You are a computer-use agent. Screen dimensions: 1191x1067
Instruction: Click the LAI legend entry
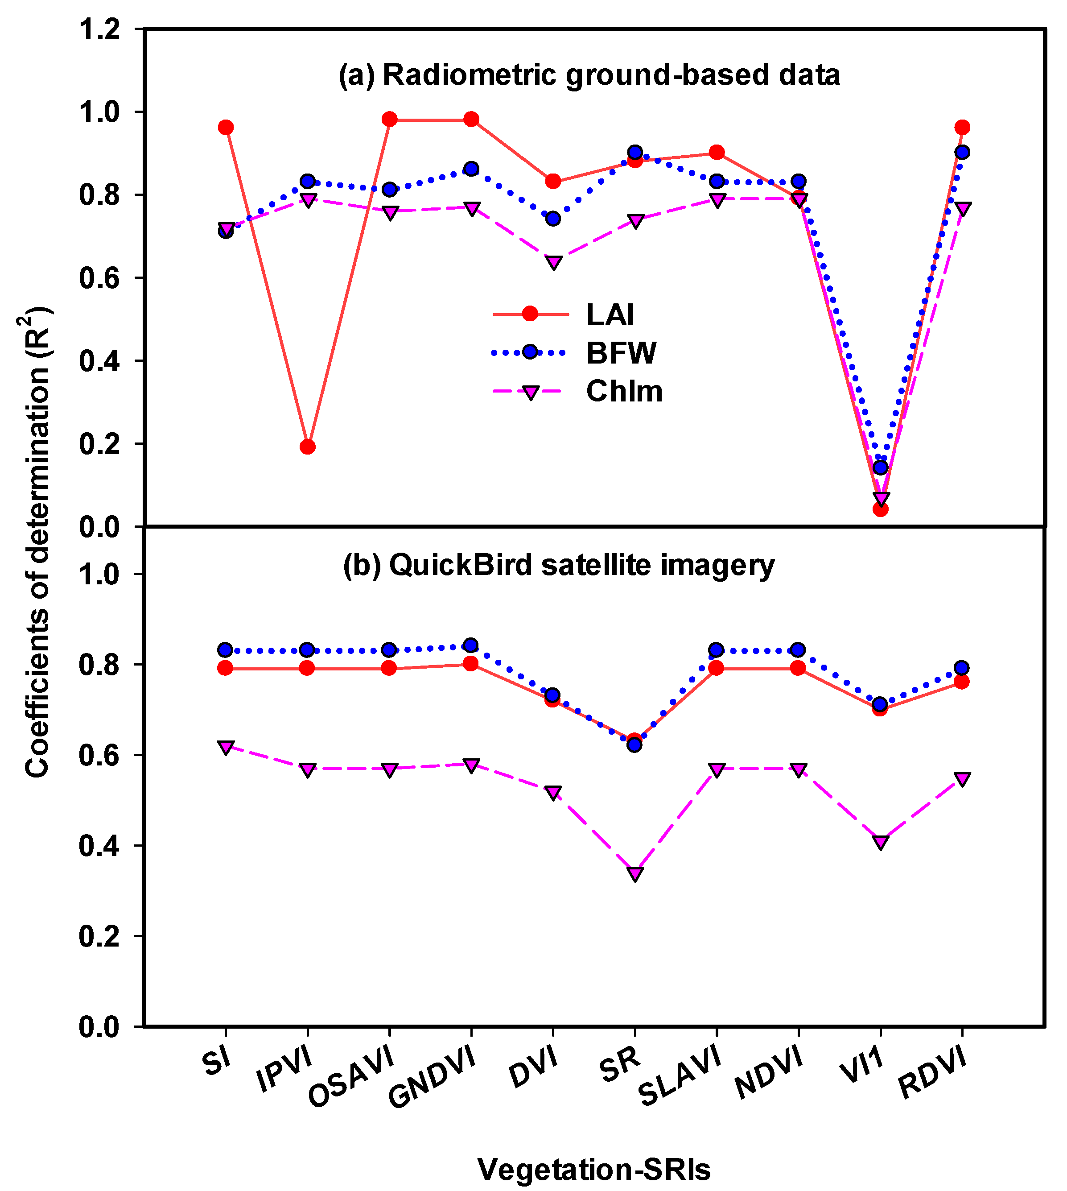(610, 315)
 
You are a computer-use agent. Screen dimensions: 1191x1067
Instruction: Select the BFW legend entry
(621, 353)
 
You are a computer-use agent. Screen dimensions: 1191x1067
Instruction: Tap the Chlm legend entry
(624, 391)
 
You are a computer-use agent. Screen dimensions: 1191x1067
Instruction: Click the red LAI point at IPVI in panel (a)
(308, 447)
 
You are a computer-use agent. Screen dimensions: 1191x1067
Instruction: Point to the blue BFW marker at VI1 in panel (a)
(881, 467)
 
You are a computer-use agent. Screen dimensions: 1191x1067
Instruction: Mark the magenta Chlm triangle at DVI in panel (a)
(553, 262)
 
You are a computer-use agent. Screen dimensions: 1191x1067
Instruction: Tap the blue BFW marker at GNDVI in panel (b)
(471, 645)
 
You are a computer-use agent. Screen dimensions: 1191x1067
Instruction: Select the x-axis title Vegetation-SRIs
(594, 1169)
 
